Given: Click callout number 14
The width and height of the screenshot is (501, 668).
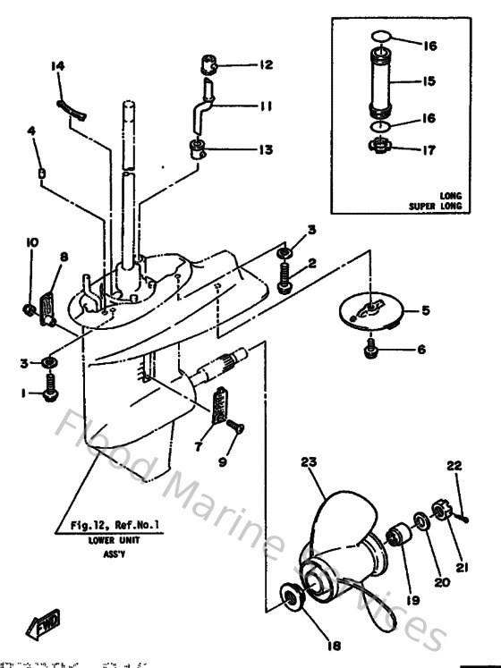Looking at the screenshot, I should point(58,66).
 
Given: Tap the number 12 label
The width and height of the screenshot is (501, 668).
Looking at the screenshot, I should point(266,64).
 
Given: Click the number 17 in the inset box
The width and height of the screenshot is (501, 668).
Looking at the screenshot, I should point(429,151).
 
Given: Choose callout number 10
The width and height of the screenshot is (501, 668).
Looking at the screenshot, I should point(31,243).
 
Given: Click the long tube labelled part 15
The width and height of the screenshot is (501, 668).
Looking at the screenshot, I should point(382,82).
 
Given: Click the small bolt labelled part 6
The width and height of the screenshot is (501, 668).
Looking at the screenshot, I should point(368,351).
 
